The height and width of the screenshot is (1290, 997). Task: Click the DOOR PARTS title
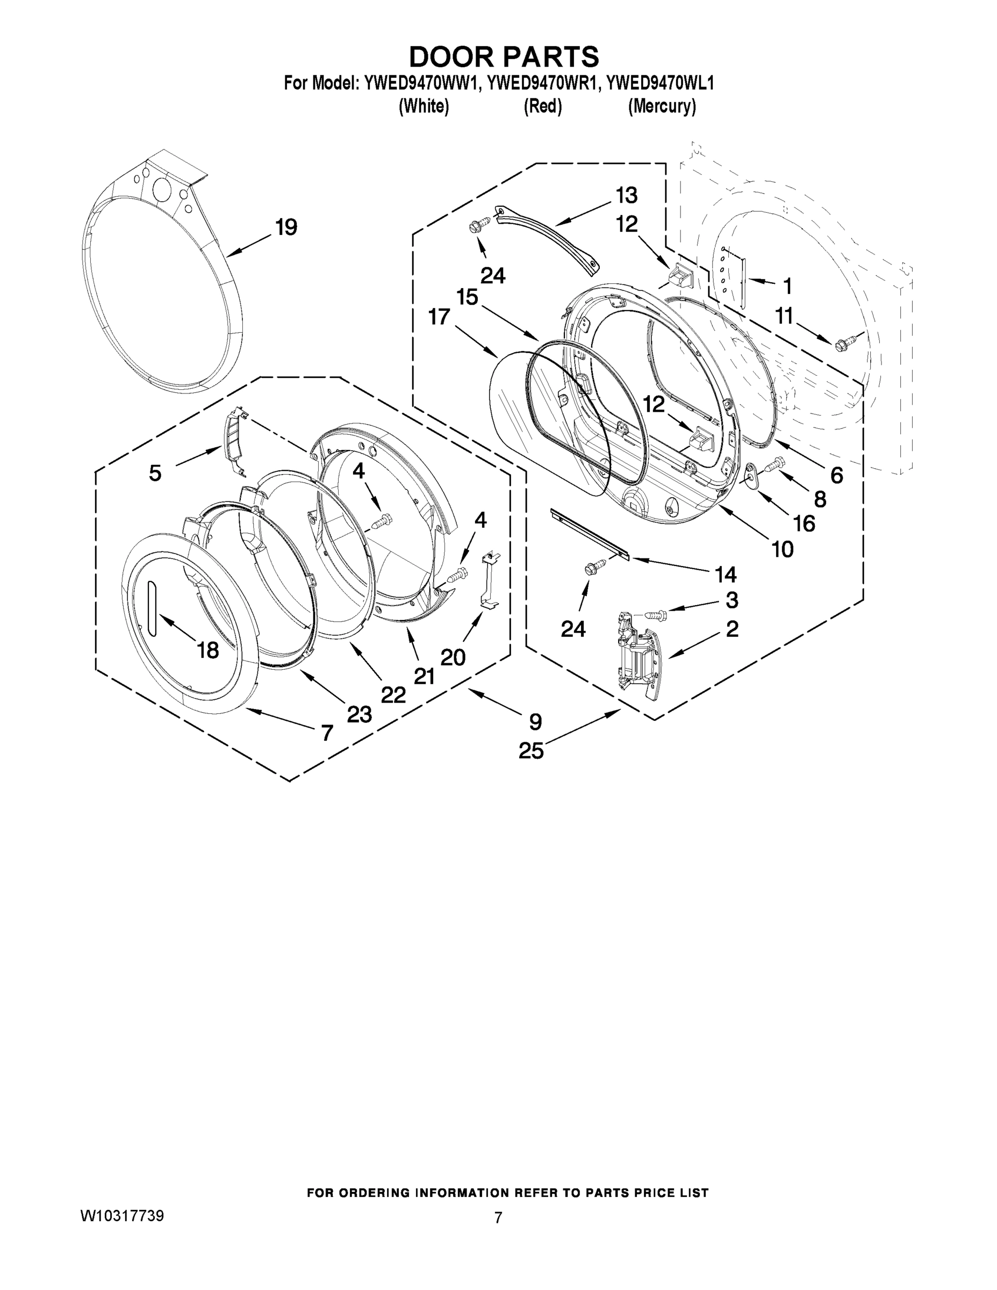coord(504,58)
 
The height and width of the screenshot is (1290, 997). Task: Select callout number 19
coord(286,227)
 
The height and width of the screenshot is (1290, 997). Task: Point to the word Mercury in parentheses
coord(662,107)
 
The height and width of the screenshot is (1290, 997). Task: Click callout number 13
coord(627,195)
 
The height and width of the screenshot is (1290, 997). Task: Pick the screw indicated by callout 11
coord(842,345)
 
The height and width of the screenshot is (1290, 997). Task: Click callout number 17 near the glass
coord(439,317)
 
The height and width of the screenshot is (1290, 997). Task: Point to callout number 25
coord(530,751)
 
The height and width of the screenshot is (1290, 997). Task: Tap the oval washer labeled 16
coord(750,476)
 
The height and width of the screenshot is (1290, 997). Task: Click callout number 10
coord(783,549)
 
